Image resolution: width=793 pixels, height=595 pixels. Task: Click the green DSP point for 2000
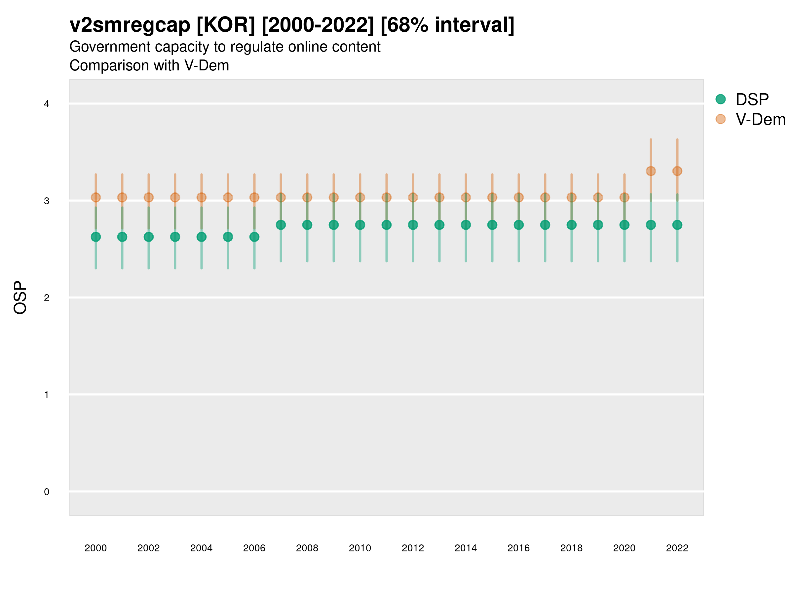pyautogui.click(x=96, y=237)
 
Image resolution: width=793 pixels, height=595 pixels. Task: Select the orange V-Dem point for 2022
pyautogui.click(x=677, y=171)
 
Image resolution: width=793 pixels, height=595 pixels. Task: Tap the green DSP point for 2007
pyautogui.click(x=281, y=225)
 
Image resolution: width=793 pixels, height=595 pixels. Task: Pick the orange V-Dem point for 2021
pyautogui.click(x=651, y=171)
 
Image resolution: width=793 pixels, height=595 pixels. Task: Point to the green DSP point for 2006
pyautogui.click(x=254, y=237)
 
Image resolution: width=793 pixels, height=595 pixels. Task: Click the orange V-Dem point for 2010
pyautogui.click(x=360, y=197)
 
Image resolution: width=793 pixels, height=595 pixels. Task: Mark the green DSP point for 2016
pyautogui.click(x=518, y=225)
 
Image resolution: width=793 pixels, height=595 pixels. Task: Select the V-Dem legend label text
pyautogui.click(x=760, y=119)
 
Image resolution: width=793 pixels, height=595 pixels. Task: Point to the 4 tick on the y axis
pyautogui.click(x=47, y=104)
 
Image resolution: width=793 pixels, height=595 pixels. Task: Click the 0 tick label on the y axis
pyautogui.click(x=47, y=492)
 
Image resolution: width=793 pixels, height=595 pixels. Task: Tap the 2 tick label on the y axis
pyautogui.click(x=47, y=298)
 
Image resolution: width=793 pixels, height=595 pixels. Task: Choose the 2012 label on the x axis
pyautogui.click(x=413, y=548)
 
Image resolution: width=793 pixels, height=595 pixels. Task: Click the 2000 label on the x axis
pyautogui.click(x=96, y=548)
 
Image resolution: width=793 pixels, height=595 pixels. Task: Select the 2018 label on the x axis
pyautogui.click(x=571, y=548)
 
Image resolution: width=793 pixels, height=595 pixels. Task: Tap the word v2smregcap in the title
pyautogui.click(x=130, y=25)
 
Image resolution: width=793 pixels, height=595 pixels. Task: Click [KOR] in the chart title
pyautogui.click(x=226, y=25)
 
